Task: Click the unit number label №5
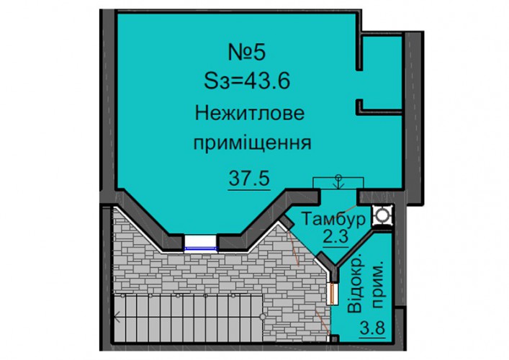coord(248,53)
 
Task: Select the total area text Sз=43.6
coord(247,81)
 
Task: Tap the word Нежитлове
coord(250,114)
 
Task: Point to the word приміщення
coord(253,143)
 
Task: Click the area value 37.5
coord(249,179)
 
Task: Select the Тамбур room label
coord(333,220)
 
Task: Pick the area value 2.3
coord(335,237)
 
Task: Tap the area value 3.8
coord(372,328)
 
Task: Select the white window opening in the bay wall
coord(200,241)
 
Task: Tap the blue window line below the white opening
coord(200,249)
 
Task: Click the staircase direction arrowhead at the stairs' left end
coord(117,317)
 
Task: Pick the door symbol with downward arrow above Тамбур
coord(338,183)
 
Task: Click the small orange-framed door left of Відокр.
coord(333,294)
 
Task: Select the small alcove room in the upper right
coord(382,73)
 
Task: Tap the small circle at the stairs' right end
coord(263,317)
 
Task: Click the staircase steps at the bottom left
coord(189,318)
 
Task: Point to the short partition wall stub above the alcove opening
coord(359,52)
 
